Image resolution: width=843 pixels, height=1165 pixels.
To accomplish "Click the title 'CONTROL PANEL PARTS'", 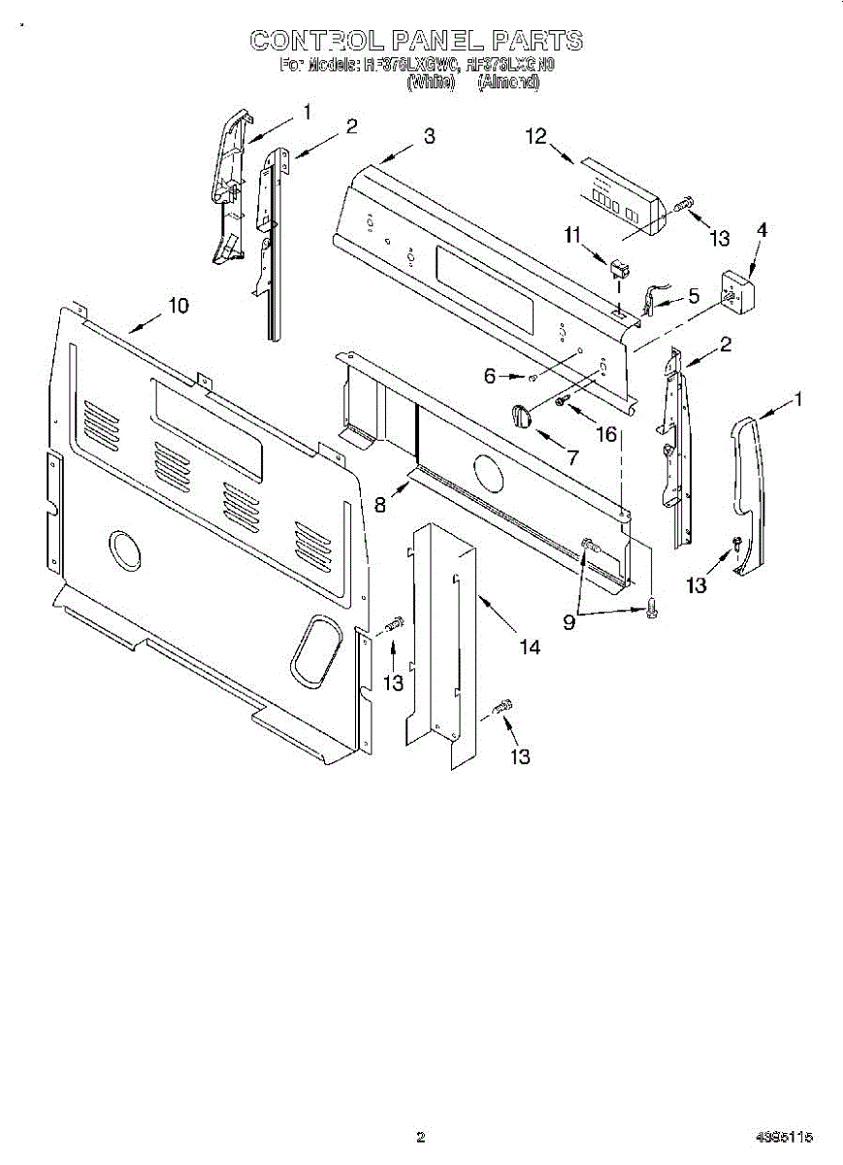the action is click(x=416, y=40).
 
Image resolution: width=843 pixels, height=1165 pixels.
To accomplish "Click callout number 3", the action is click(x=429, y=137).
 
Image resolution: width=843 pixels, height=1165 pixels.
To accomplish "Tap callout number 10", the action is click(x=178, y=305).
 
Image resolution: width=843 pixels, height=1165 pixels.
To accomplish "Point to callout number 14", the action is click(x=530, y=647).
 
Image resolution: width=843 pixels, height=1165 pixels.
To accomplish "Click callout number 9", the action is click(x=569, y=622).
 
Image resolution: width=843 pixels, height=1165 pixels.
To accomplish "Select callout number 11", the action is click(x=572, y=234).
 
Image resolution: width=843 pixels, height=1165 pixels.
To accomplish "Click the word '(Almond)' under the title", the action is click(x=508, y=83).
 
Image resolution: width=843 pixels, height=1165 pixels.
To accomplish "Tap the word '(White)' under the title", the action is click(x=431, y=83).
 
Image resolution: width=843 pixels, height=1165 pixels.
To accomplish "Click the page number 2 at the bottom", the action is click(x=420, y=1137).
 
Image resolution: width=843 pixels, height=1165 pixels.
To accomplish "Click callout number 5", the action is click(x=694, y=295).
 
